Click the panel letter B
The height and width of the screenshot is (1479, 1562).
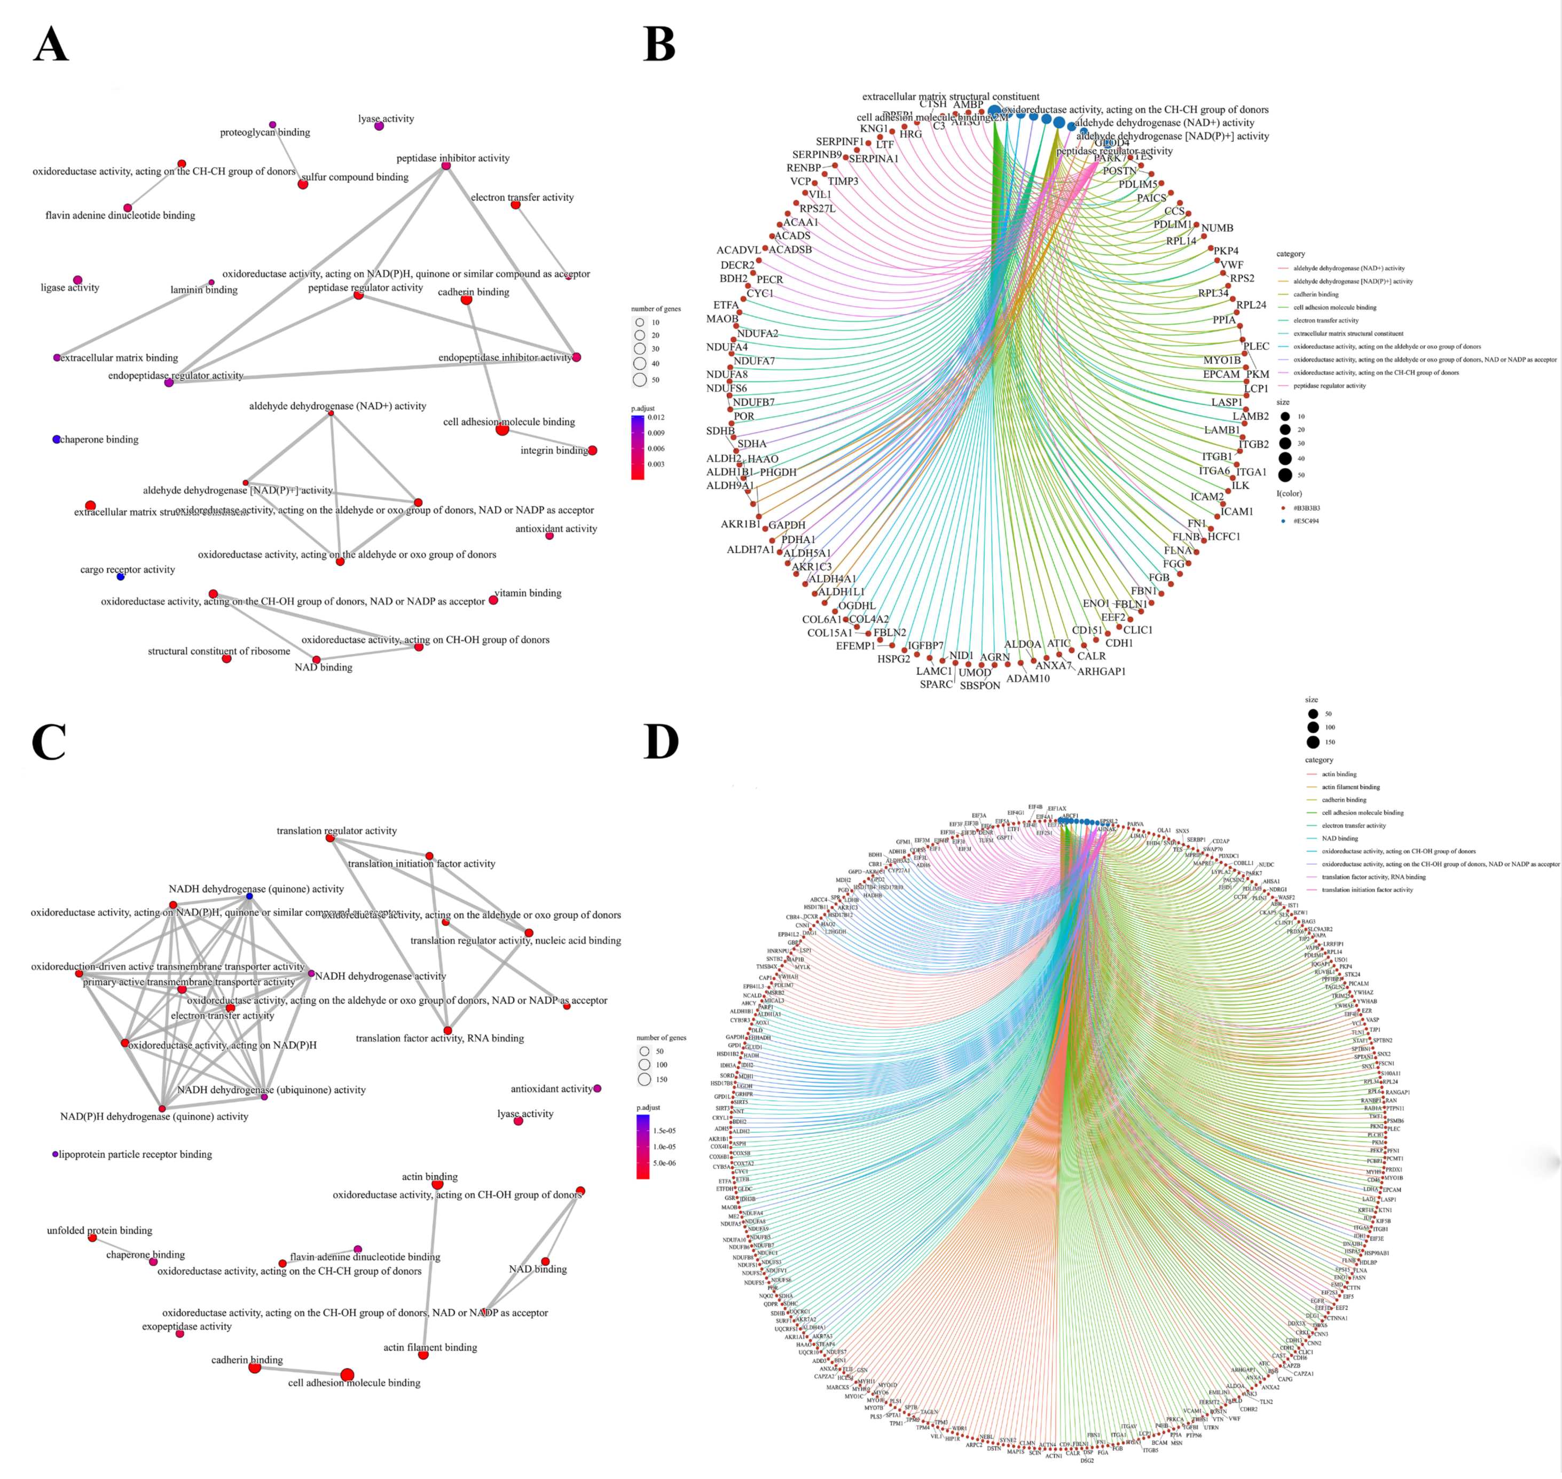pyautogui.click(x=659, y=44)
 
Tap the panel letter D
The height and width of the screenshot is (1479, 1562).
pyautogui.click(x=661, y=741)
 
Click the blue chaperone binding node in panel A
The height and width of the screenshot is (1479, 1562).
pyautogui.click(x=57, y=439)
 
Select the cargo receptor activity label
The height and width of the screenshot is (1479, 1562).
pyautogui.click(x=128, y=569)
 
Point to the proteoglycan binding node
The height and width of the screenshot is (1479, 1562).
pyautogui.click(x=273, y=124)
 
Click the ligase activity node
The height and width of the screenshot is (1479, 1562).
pyautogui.click(x=77, y=280)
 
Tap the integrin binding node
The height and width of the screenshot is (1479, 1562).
pyautogui.click(x=593, y=450)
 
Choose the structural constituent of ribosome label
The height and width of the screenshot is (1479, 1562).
pyautogui.click(x=218, y=651)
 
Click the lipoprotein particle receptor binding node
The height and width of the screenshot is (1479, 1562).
pyautogui.click(x=55, y=1154)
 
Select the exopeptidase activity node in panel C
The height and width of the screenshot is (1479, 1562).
pyautogui.click(x=179, y=1333)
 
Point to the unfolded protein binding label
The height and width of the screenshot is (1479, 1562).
pyautogui.click(x=99, y=1230)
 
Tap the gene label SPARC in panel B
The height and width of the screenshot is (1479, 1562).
pyautogui.click(x=936, y=684)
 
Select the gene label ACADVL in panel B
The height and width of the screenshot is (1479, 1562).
pyautogui.click(x=739, y=250)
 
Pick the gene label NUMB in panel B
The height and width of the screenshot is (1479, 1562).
pyautogui.click(x=1217, y=228)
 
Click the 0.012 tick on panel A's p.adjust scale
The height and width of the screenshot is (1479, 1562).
pyautogui.click(x=656, y=417)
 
